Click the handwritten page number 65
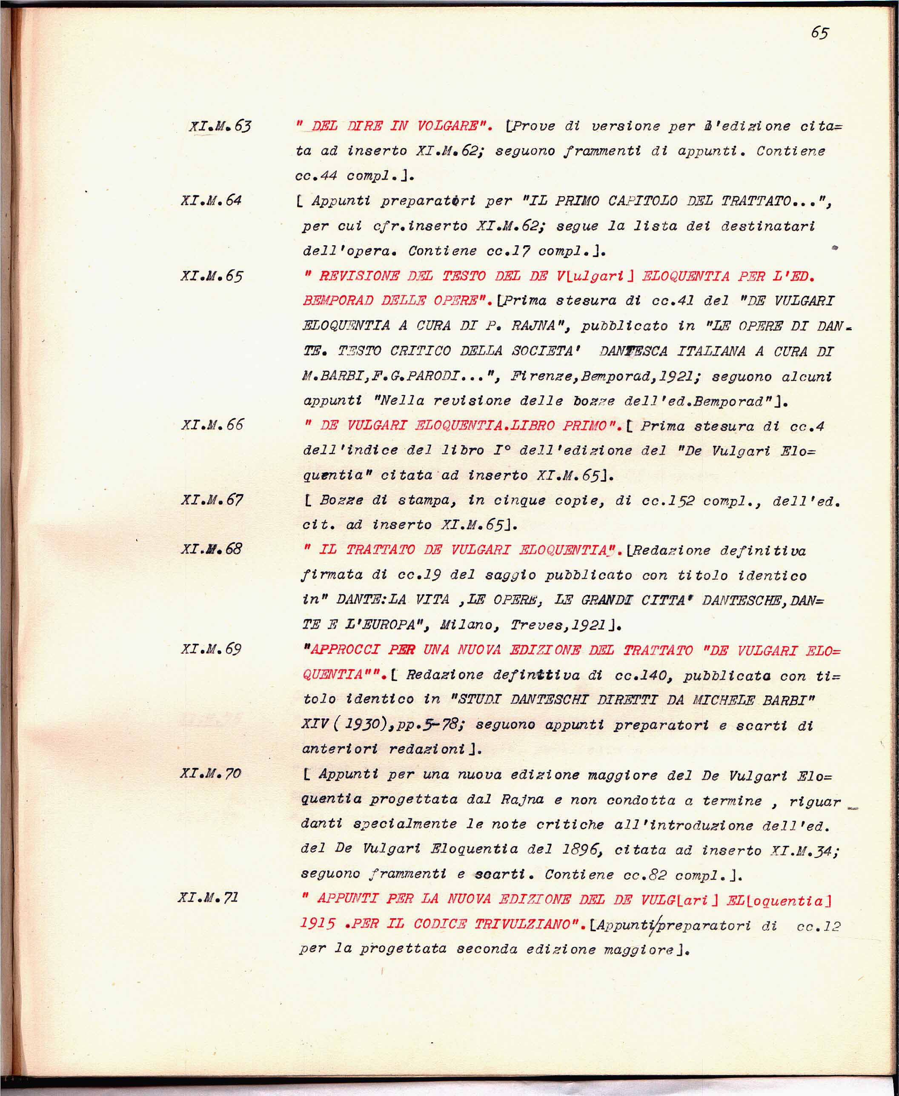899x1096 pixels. coord(819,33)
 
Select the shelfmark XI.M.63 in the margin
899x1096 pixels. coord(220,126)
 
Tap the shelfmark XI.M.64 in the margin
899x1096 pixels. coord(211,200)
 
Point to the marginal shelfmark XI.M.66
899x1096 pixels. coord(212,425)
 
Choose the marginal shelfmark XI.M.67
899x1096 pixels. coord(212,500)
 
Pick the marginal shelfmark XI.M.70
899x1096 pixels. coord(210,773)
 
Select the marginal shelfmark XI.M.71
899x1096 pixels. coord(208,897)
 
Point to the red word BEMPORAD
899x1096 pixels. coord(338,301)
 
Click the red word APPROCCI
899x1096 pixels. coord(344,650)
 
